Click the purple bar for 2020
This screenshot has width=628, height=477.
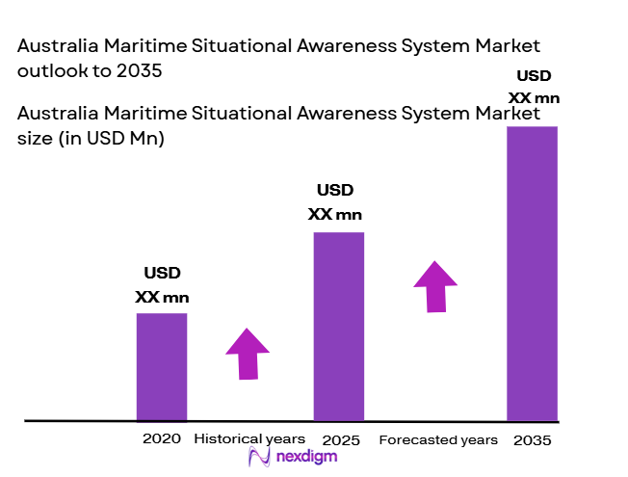click(161, 367)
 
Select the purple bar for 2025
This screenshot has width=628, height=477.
click(338, 327)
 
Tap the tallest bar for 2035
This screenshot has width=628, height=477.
click(532, 274)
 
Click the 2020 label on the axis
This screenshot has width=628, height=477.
click(161, 438)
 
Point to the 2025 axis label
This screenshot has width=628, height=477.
click(342, 440)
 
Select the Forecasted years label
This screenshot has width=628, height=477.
click(438, 440)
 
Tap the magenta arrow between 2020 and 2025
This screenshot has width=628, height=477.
click(249, 354)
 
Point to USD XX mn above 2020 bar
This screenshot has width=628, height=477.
click(162, 285)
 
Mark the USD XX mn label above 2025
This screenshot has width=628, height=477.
click(335, 201)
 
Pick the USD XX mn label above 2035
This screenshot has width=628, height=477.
click(534, 87)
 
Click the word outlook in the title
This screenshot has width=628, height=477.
click(46, 71)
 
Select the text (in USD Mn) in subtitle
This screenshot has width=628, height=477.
click(112, 139)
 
